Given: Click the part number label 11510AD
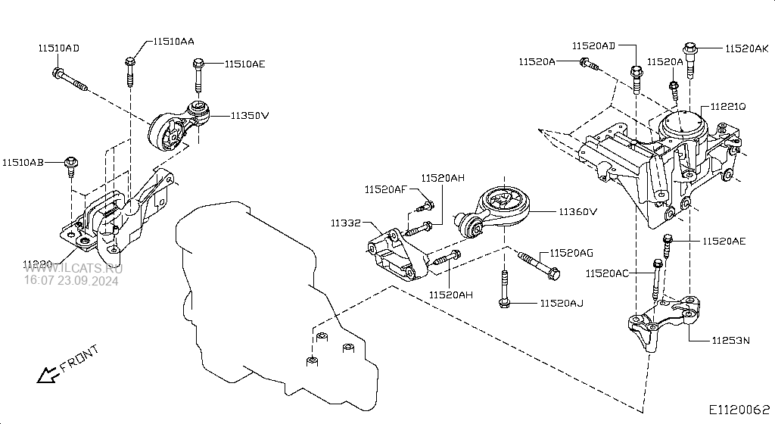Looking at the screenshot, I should click(x=58, y=48).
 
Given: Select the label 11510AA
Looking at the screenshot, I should click(x=173, y=42).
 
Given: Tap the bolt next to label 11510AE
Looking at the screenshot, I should click(x=198, y=74).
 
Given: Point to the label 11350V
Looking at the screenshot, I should click(x=251, y=116).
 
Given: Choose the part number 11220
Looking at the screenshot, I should click(x=38, y=264).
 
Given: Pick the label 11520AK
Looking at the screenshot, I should click(x=746, y=48).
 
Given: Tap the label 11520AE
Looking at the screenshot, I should click(x=724, y=241).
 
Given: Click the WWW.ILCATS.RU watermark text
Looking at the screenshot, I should click(x=73, y=268).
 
